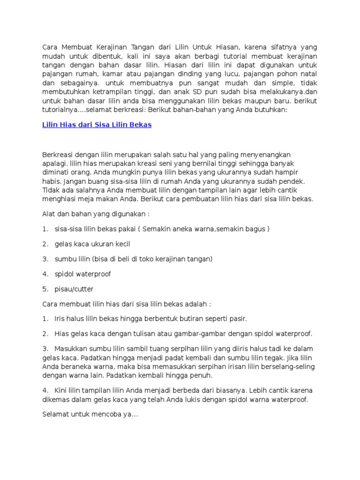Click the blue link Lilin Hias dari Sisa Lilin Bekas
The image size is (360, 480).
pyautogui.click(x=97, y=125)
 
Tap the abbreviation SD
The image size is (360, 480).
pyautogui.click(x=205, y=92)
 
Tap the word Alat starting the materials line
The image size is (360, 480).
pyautogui.click(x=48, y=214)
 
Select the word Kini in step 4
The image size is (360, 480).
pyautogui.click(x=61, y=390)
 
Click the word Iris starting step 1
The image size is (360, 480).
pyautogui.click(x=60, y=319)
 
